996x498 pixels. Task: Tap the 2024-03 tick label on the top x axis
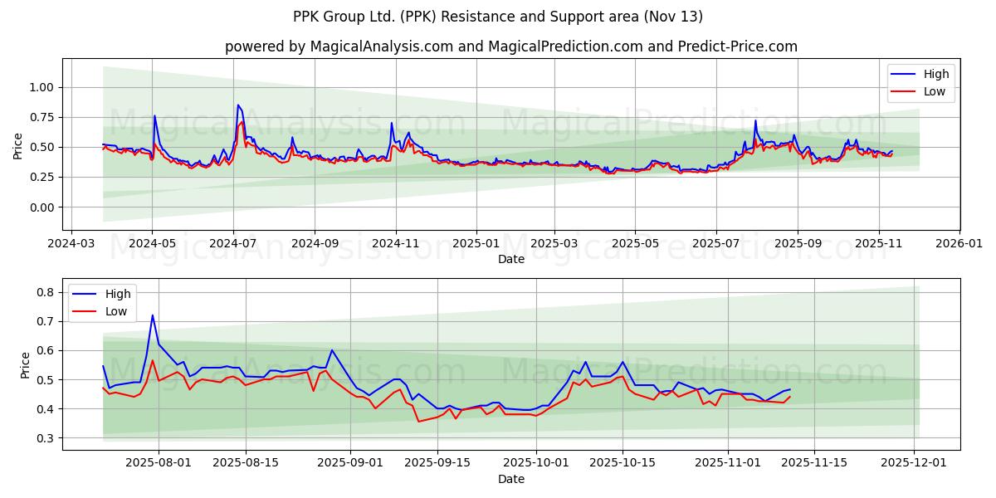[71, 244]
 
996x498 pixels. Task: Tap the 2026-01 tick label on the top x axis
[959, 244]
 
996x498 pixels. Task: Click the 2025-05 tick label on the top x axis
[635, 244]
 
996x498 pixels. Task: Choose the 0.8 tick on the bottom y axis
[46, 292]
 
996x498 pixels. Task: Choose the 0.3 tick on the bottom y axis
[46, 438]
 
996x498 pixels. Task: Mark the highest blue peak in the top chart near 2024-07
[238, 105]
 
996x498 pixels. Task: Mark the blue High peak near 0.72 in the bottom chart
[153, 315]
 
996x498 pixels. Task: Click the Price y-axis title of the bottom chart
[26, 365]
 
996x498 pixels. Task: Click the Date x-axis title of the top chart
[510, 259]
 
